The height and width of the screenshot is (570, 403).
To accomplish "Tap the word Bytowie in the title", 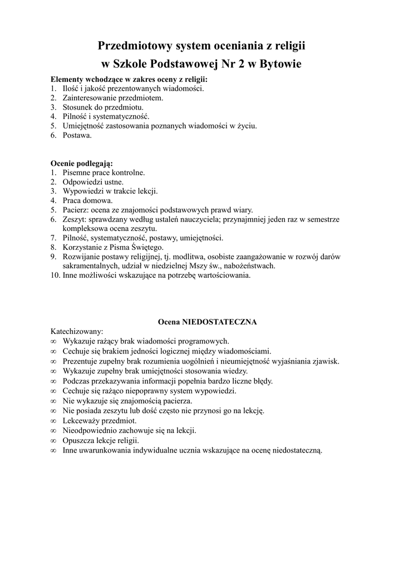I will click(x=280, y=65).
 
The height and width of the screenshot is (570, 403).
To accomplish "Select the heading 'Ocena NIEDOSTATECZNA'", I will click(x=207, y=322).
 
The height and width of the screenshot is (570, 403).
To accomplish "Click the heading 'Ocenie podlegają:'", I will click(x=81, y=163).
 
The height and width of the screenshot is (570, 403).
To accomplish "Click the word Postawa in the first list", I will click(x=76, y=136).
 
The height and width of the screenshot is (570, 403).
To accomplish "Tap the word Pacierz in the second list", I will click(x=75, y=210).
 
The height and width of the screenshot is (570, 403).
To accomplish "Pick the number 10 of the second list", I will click(x=55, y=275).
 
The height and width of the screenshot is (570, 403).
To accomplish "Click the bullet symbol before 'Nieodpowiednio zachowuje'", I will click(x=53, y=430).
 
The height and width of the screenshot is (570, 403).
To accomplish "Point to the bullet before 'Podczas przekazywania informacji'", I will click(x=53, y=381).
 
